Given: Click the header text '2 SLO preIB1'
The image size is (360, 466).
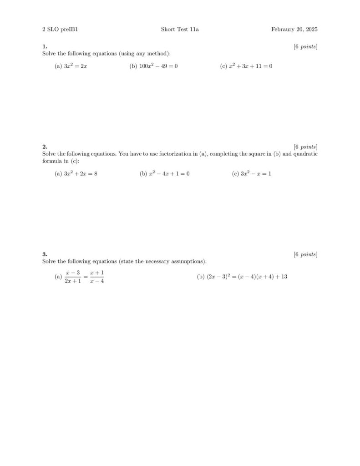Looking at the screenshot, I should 57,30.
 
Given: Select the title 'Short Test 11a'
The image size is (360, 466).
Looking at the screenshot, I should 180,30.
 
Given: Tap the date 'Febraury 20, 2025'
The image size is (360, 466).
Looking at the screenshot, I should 294,30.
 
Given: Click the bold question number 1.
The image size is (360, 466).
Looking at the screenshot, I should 45,46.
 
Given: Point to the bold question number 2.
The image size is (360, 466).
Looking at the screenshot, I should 45,147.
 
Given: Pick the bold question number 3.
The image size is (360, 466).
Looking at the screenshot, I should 45,254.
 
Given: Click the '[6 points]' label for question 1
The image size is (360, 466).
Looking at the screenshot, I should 305,46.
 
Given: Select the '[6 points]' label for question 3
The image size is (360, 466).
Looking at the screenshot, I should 305,254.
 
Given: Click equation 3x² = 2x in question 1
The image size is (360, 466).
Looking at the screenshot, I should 76,66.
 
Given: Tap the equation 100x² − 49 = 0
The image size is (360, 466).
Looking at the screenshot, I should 158,66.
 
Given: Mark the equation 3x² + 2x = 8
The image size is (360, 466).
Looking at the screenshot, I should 81,173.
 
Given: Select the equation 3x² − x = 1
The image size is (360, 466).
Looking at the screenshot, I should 256,173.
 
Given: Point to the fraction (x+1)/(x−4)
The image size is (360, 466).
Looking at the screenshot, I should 97,277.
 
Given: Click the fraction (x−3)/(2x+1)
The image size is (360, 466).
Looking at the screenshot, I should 73,277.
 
